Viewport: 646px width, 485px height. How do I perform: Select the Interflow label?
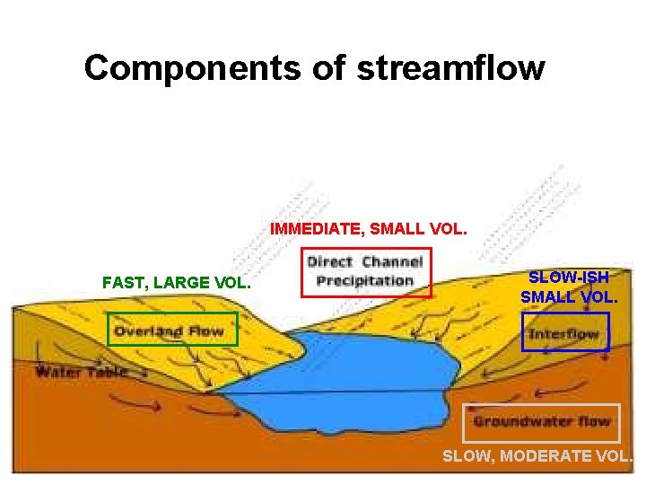pyautogui.click(x=564, y=334)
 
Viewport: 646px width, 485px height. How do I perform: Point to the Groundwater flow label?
pyautogui.click(x=542, y=421)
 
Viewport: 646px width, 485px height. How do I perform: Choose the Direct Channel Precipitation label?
pyautogui.click(x=365, y=271)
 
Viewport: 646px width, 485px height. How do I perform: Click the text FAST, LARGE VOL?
pyautogui.click(x=177, y=283)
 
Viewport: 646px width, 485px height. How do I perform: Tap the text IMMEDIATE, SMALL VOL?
pyautogui.click(x=368, y=229)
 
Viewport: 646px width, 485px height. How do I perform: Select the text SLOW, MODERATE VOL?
pyautogui.click(x=537, y=456)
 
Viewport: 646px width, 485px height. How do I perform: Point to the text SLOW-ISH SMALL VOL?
pyautogui.click(x=568, y=287)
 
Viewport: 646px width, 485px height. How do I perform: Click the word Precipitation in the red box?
pyautogui.click(x=365, y=280)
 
